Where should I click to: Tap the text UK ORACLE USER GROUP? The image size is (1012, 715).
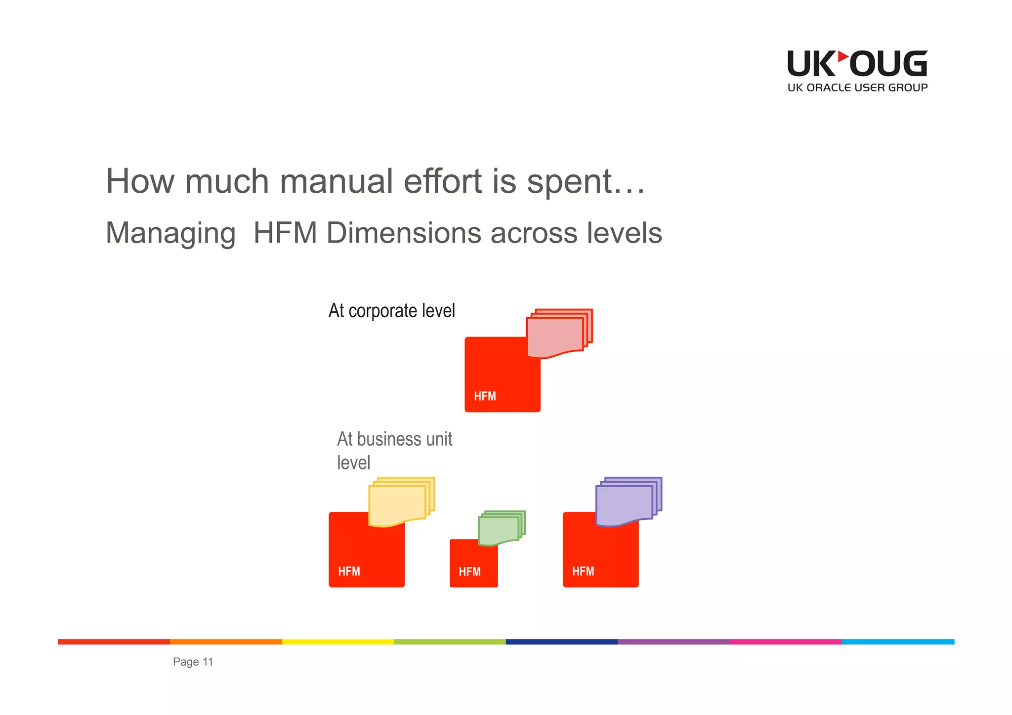(x=857, y=88)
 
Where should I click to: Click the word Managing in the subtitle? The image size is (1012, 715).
(x=170, y=233)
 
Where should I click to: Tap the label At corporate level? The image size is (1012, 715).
(x=391, y=311)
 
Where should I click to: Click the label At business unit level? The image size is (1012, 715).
(x=394, y=450)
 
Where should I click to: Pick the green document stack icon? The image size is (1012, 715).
(x=501, y=528)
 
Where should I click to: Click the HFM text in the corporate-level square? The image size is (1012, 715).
(x=485, y=396)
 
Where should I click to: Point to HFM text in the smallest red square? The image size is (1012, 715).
(x=469, y=572)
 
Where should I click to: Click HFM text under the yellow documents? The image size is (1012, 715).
(x=349, y=572)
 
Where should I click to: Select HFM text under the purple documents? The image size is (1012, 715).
(x=583, y=572)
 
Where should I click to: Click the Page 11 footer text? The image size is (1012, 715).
(x=193, y=662)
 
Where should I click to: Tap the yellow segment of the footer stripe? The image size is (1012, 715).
(x=337, y=642)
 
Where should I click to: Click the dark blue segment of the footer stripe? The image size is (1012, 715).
(x=562, y=642)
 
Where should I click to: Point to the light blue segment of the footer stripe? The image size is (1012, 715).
(x=898, y=642)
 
